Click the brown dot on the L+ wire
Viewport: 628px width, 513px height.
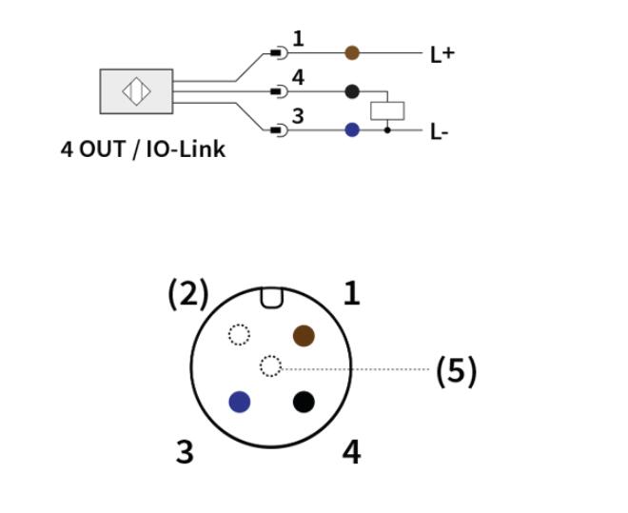352,53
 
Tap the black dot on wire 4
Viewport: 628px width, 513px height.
352,91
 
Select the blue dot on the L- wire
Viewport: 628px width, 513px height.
352,129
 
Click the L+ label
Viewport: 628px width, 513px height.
442,55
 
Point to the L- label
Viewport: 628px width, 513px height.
439,132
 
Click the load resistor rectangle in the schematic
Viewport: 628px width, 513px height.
387,111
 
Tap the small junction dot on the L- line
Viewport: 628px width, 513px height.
387,130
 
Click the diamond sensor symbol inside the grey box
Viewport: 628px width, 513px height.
136,91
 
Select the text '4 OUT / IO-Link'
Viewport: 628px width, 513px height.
143,149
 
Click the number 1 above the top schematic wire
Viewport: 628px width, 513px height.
299,39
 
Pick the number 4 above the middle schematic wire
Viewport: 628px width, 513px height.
298,78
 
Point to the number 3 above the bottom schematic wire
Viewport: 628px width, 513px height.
298,116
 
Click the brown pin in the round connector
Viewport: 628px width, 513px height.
304,336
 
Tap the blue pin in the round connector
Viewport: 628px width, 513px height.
240,402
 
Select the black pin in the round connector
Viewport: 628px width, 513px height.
304,402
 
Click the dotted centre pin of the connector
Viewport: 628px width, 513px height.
271,366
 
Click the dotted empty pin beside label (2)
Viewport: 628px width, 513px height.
239,334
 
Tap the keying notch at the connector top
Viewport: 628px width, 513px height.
271,298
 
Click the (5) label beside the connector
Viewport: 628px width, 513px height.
457,371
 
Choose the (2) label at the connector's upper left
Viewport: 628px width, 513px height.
188,294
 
